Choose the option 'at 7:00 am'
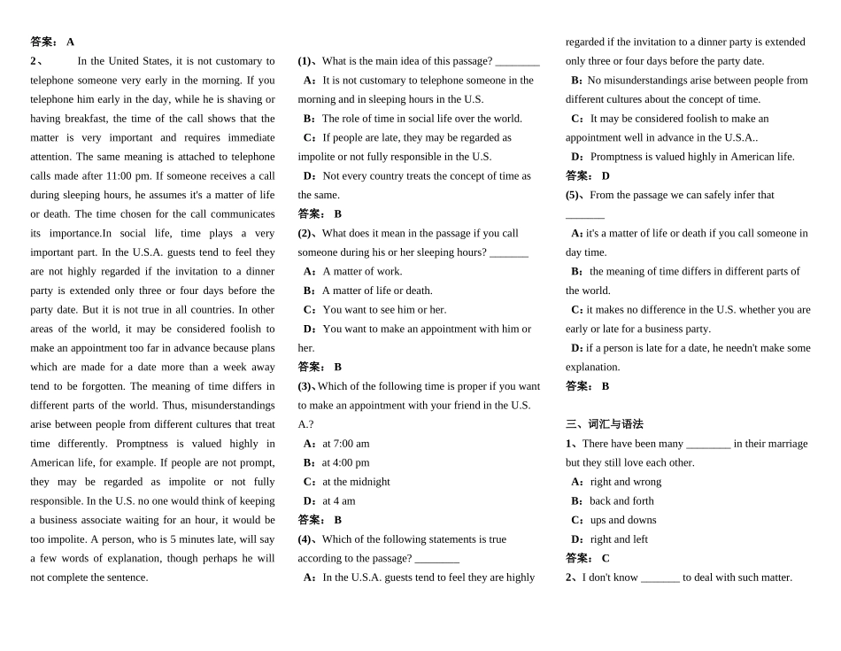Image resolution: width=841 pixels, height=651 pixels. pos(345,444)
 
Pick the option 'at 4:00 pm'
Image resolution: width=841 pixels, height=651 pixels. pos(345,462)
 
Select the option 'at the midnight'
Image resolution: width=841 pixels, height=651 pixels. pos(356,482)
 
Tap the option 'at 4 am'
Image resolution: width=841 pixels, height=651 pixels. pos(338,501)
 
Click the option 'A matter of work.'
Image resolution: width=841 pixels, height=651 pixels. pos(361,271)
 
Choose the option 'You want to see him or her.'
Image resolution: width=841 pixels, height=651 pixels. pos(384,310)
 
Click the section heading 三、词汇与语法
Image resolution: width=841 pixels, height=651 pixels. pos(605,424)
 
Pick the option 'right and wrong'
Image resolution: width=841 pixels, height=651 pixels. pos(626,482)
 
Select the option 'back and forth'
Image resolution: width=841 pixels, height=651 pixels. pos(621,501)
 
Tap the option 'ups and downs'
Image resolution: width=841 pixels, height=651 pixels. pos(623,520)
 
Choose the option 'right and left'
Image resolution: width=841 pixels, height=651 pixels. pos(619,539)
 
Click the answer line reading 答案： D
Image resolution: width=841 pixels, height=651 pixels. pos(588,176)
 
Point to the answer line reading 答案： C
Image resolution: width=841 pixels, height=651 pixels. pos(588,558)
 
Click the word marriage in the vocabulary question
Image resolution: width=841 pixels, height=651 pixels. pos(788,444)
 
